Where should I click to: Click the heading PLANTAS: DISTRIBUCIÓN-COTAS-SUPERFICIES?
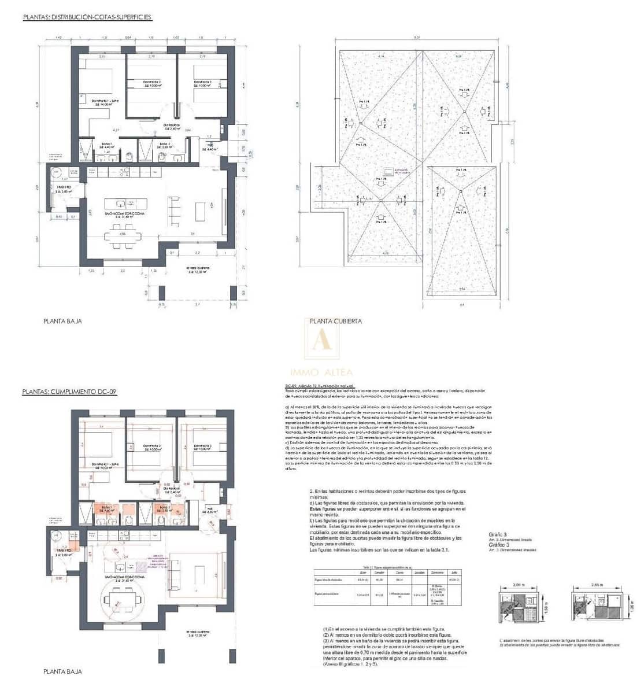tap(87, 17)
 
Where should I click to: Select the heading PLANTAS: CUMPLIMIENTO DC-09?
tap(69, 392)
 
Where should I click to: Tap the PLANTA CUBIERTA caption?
tap(336, 321)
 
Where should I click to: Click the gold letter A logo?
tap(322, 341)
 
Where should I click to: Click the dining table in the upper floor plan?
tap(122, 236)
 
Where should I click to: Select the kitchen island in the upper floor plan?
tap(124, 204)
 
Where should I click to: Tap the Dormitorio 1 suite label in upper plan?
tap(103, 102)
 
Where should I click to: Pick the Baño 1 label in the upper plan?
tap(107, 145)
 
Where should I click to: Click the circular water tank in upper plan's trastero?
tap(56, 172)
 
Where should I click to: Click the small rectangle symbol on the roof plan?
tap(386, 171)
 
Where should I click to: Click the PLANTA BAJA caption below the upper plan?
tap(62, 321)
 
